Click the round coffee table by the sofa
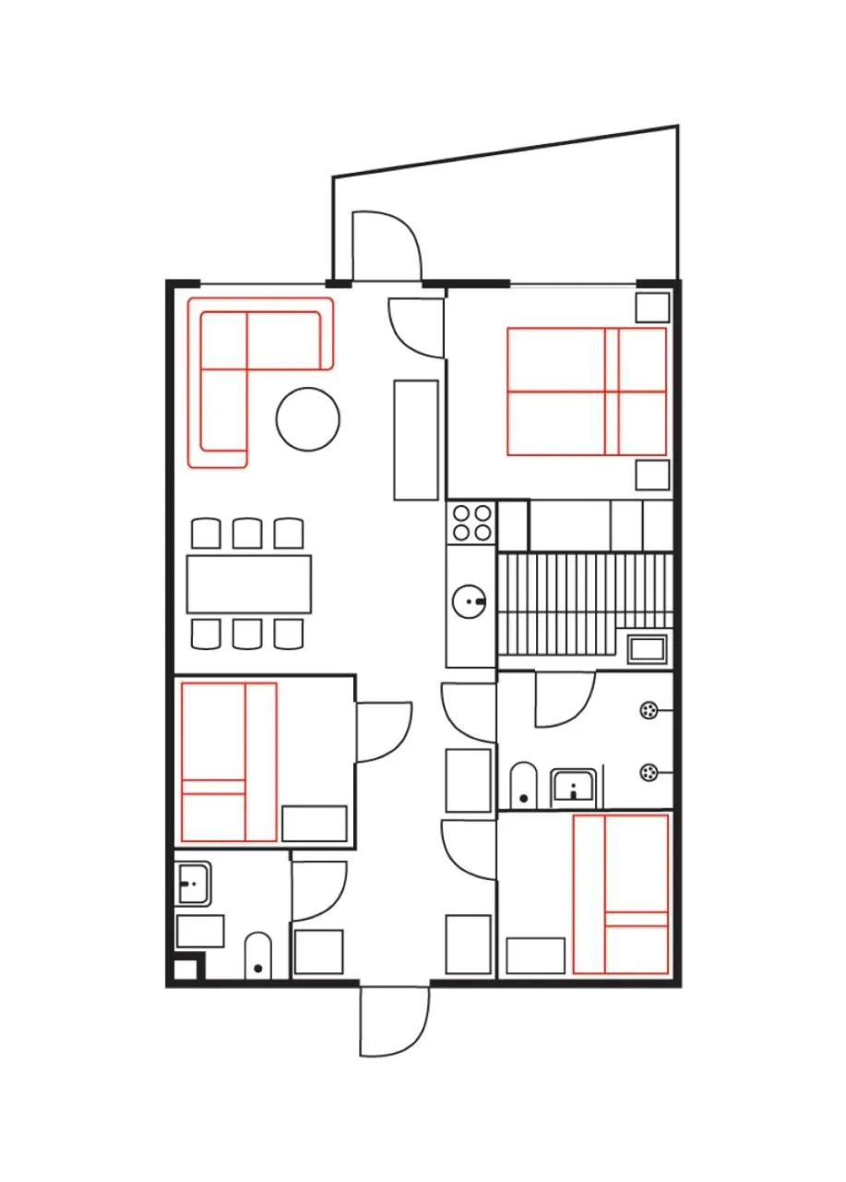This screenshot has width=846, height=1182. tap(307, 419)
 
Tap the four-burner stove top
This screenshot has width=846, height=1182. tap(471, 522)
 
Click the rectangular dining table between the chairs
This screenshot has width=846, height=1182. tap(248, 584)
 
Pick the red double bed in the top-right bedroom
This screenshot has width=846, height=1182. tap(586, 392)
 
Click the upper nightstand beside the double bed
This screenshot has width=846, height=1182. tap(652, 307)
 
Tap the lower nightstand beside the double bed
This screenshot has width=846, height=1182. tap(652, 475)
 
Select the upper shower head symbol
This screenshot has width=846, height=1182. tap(649, 709)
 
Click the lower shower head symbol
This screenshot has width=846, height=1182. tap(649, 771)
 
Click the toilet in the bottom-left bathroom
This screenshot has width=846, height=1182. tap(258, 957)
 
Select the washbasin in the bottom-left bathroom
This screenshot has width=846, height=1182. tap(193, 884)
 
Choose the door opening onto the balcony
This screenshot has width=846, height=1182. tap(386, 245)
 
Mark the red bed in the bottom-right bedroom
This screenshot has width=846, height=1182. tap(620, 894)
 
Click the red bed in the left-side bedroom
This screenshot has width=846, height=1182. tap(229, 762)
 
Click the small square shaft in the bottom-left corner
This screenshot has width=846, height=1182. tap(185, 970)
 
